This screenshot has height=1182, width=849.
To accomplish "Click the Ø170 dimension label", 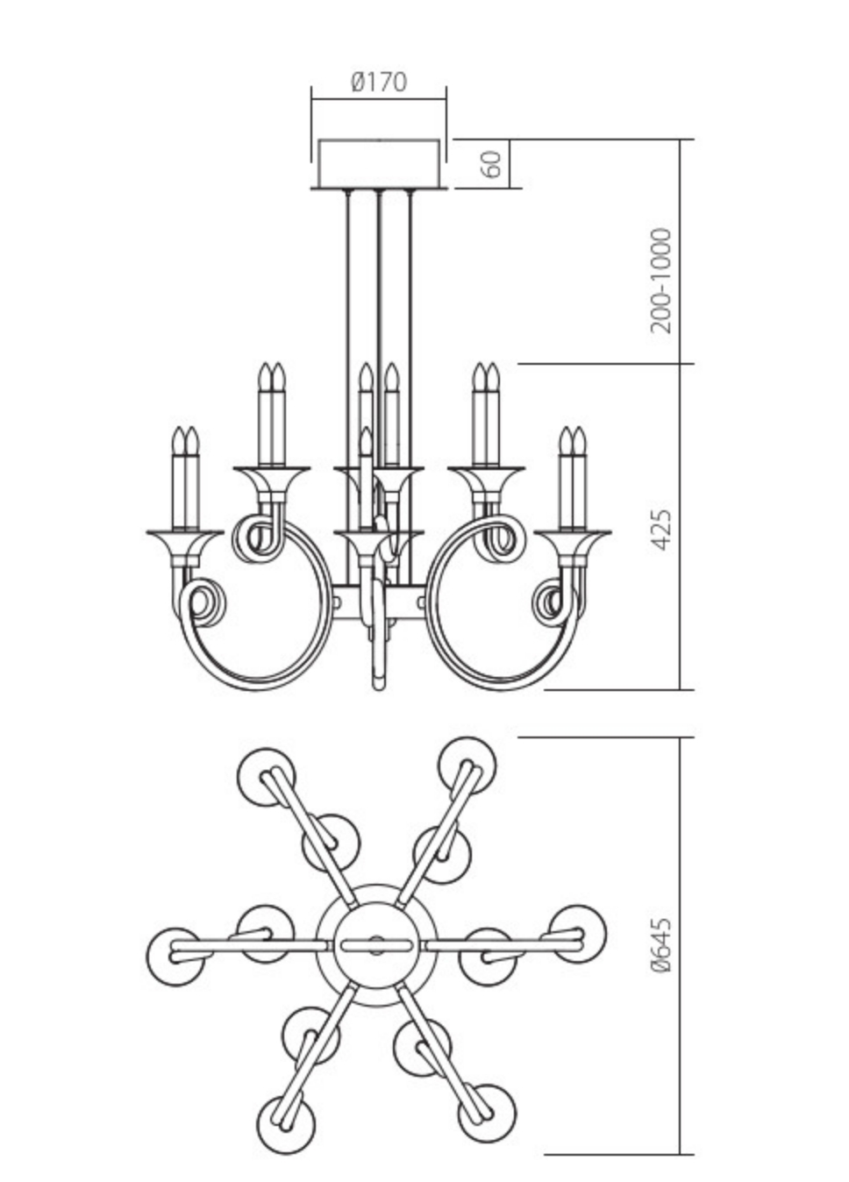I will pyautogui.click(x=379, y=82).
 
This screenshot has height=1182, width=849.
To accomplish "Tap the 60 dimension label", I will pyautogui.click(x=493, y=163).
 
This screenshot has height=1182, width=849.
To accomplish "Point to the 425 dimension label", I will pyautogui.click(x=663, y=529).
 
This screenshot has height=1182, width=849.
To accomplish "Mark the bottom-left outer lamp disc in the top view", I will pyautogui.click(x=286, y=1123).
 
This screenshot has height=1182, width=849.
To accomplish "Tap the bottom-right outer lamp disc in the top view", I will pyautogui.click(x=486, y=1113).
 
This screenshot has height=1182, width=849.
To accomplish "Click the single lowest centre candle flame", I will pyautogui.click(x=365, y=439).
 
